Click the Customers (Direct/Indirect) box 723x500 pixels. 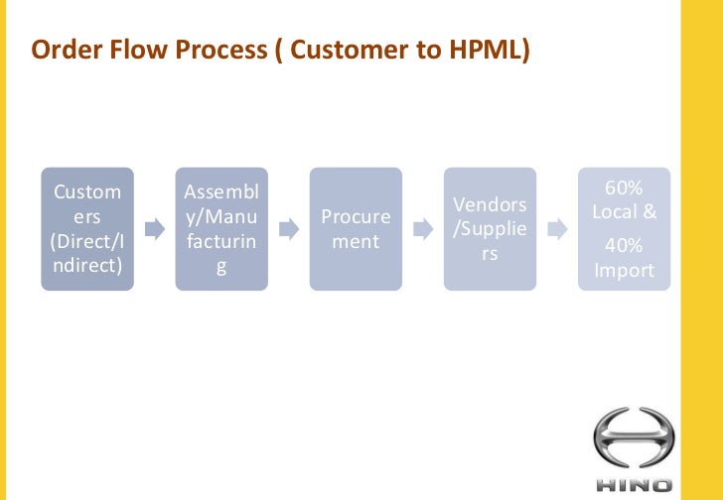coord(87,229)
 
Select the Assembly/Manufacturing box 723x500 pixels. coord(221,229)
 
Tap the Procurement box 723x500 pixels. coord(356,229)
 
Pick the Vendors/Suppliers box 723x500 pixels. coord(490,229)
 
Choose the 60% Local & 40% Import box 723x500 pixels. coord(624,229)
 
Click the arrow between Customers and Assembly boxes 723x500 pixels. coord(154,230)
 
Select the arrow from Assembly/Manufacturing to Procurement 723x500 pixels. coord(288,230)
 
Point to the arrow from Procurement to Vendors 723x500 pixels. coord(422,230)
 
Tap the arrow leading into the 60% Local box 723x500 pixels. coord(557,230)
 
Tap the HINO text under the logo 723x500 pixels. coord(633,485)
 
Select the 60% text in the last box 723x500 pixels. coord(624,189)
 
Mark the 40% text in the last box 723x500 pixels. coord(624,246)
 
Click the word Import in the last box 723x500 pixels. coord(624,270)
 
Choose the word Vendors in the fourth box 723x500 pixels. coord(490,204)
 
